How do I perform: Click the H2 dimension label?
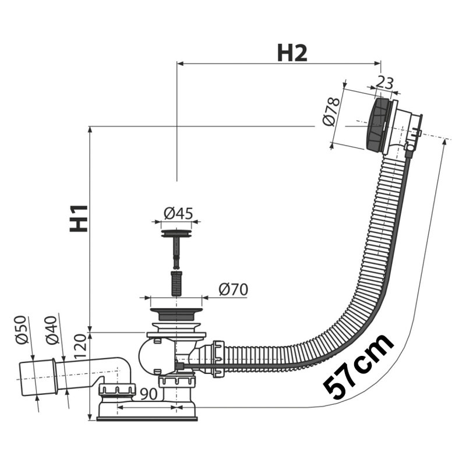coord(292,54)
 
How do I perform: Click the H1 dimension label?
coord(79,218)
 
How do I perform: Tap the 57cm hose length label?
coord(359,367)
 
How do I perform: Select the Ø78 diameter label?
coord(331,112)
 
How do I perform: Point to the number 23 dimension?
coord(385,83)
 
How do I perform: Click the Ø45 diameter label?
coord(178,213)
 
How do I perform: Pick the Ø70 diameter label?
coord(233,290)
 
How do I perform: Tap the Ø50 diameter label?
coord(22,330)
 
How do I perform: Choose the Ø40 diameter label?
coord(51,330)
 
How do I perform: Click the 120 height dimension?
coord(80,345)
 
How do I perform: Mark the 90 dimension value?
coord(149,394)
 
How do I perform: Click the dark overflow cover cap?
coord(377,124)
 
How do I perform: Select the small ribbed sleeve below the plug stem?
coord(176,283)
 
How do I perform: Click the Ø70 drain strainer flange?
coord(176,313)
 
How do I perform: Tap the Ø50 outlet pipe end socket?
coord(37,377)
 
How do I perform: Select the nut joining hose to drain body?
coord(218,359)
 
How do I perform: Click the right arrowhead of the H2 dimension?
coord(377,63)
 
